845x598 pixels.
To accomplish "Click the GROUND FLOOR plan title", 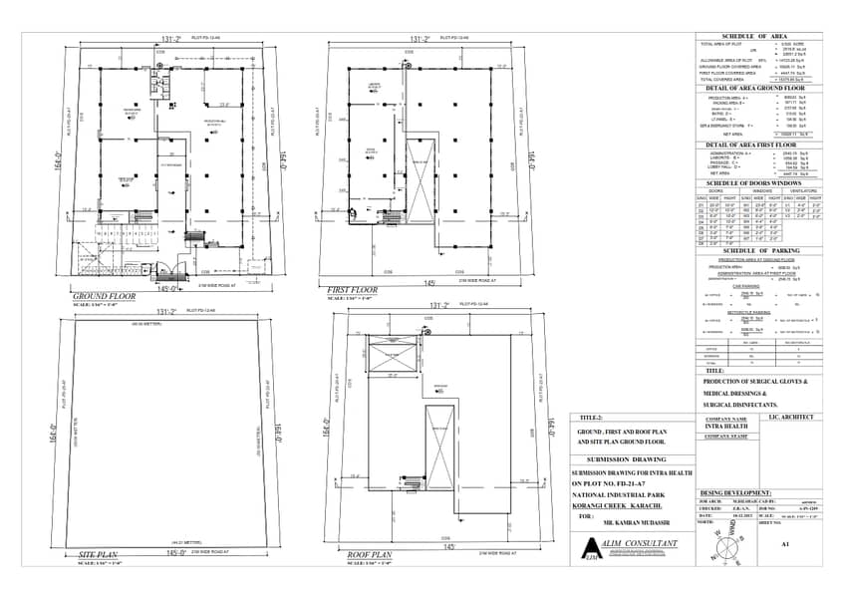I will (104, 297).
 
